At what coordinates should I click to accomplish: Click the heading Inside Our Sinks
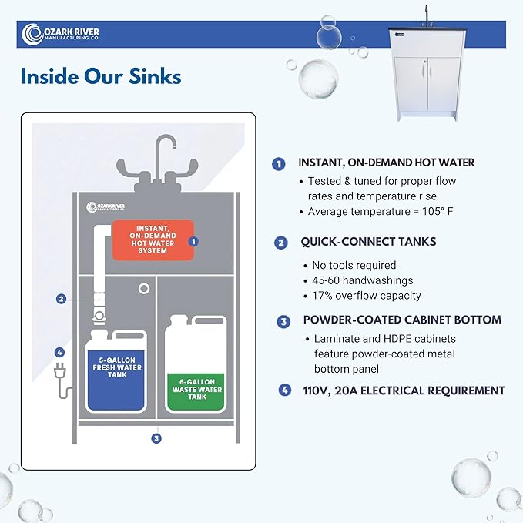tap(101, 77)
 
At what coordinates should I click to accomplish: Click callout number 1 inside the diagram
tap(193, 240)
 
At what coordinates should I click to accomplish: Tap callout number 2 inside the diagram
tap(59, 299)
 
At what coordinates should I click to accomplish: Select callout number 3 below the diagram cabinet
tap(156, 438)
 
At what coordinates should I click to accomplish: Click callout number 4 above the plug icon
tap(59, 353)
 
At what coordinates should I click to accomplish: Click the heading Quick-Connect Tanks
tap(368, 242)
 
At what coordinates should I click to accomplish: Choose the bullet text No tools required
tap(351, 265)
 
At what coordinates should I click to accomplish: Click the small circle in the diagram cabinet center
tap(144, 288)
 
